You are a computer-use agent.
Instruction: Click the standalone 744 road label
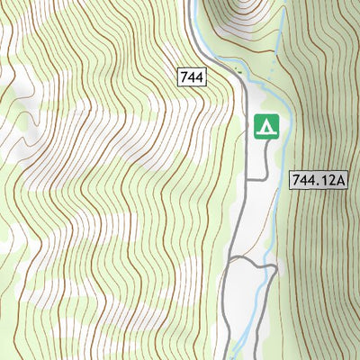coord(192,77)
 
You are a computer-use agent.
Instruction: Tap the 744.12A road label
coord(319,180)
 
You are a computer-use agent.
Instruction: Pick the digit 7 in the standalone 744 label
coord(184,77)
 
